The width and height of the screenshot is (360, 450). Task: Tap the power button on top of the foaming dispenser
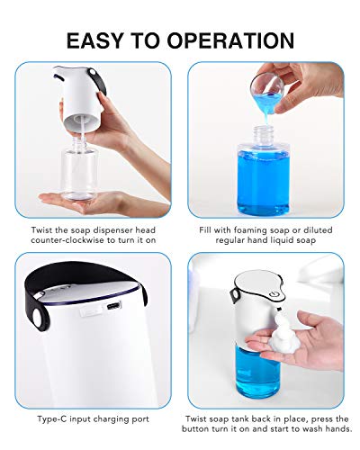pyautogui.click(x=270, y=292)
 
